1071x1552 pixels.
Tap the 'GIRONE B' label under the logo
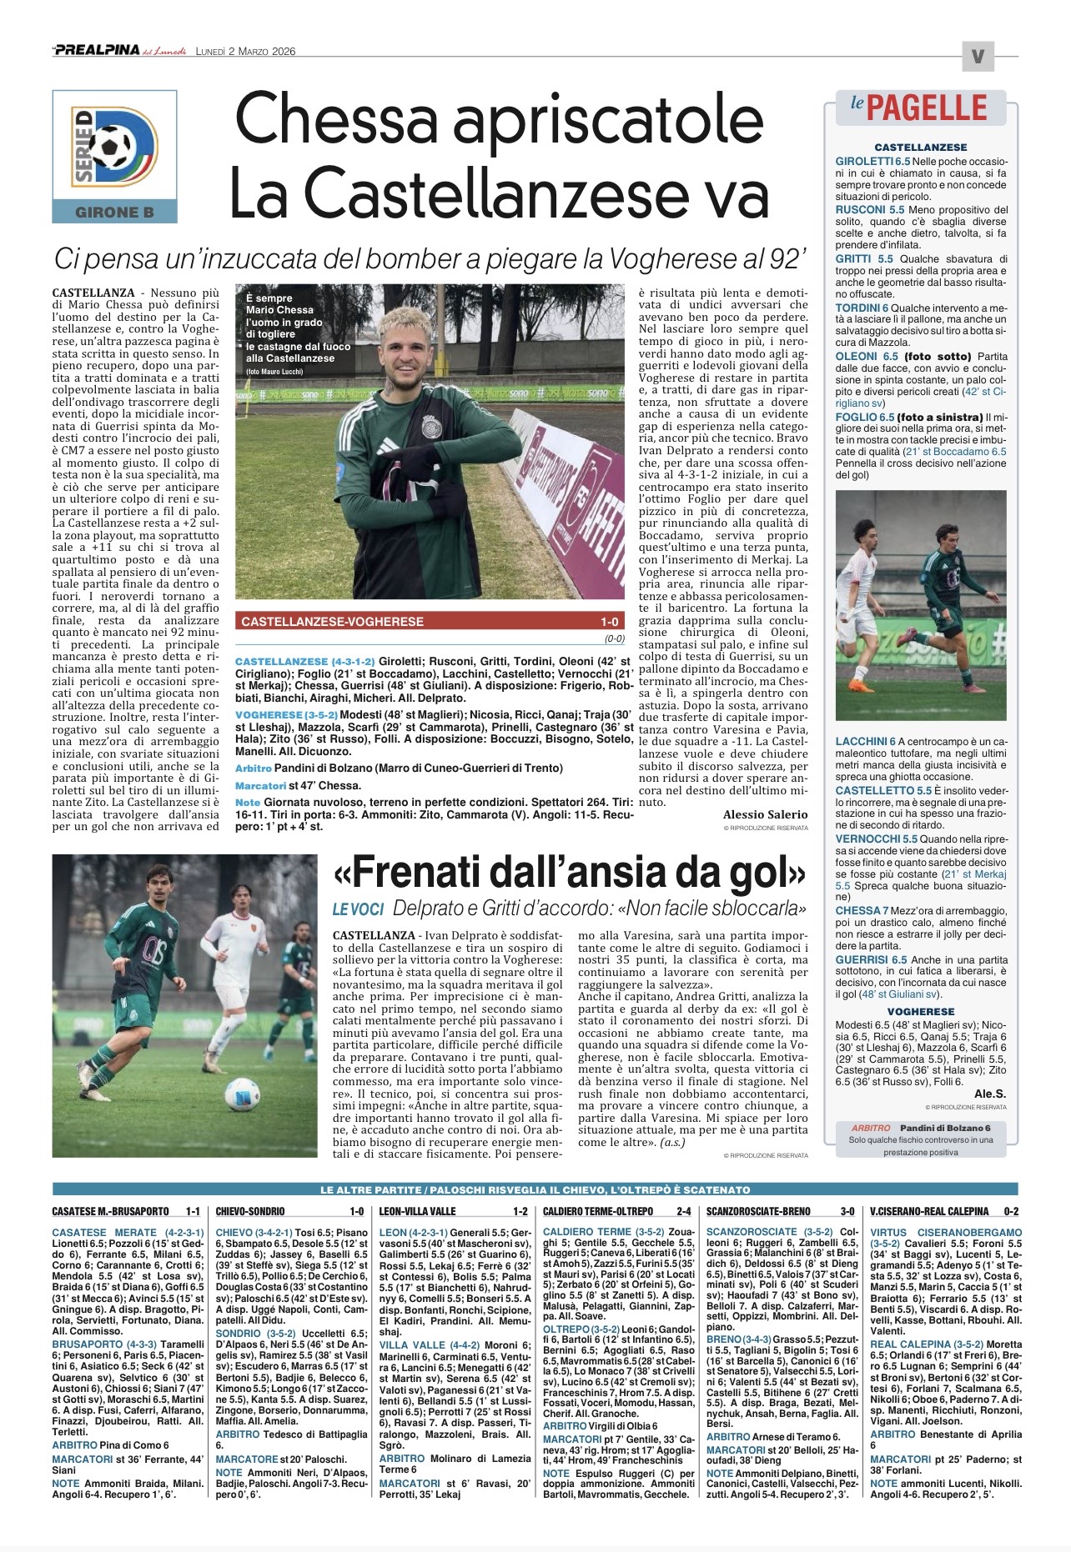(114, 212)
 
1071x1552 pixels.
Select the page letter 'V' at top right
(977, 57)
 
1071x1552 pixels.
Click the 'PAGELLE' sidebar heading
(926, 108)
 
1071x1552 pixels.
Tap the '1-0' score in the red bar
(609, 622)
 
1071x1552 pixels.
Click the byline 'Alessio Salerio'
(765, 814)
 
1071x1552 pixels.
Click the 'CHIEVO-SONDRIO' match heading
(249, 1211)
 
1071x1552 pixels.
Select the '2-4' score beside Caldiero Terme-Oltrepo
(683, 1211)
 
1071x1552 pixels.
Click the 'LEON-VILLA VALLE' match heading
(417, 1211)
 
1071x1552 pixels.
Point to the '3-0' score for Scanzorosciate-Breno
(847, 1211)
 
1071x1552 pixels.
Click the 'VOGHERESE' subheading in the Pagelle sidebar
(921, 1011)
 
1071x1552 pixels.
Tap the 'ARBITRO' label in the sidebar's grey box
(872, 1128)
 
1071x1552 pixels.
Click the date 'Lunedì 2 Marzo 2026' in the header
(245, 51)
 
